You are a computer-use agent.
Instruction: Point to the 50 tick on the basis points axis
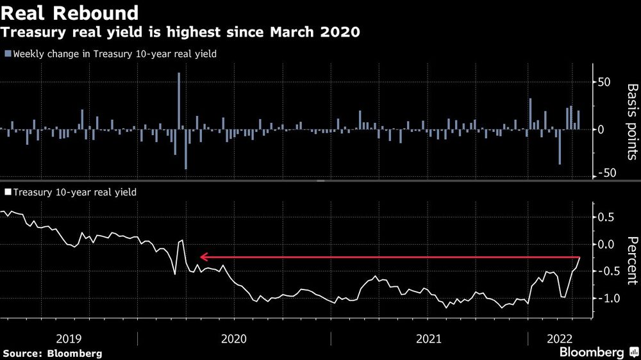[x=606, y=83]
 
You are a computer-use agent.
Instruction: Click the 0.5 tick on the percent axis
[x=606, y=217]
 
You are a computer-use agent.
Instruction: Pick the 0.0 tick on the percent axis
[x=606, y=244]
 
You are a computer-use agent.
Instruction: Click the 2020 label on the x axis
[x=233, y=338]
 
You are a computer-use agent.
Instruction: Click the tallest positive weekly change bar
[x=179, y=101]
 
